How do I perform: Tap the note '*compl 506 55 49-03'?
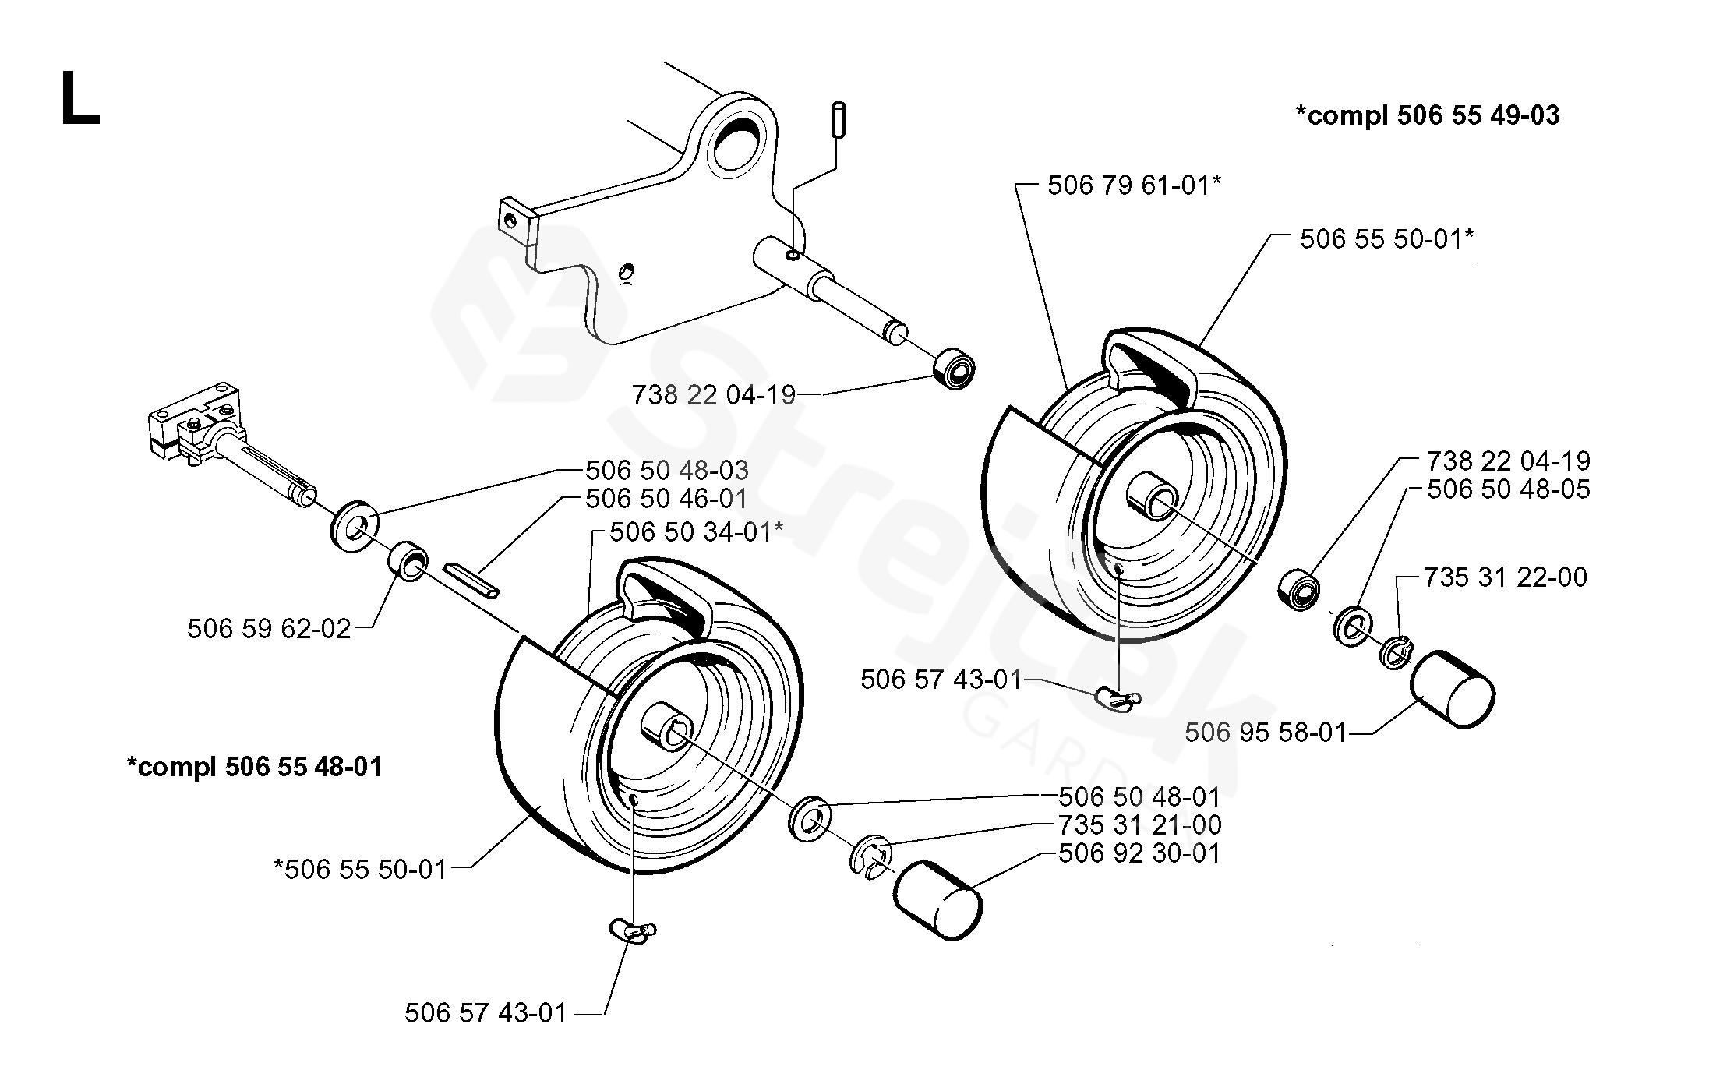coord(1427,115)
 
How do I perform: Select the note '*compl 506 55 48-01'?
coord(255,767)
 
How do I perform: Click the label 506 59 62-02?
coord(269,628)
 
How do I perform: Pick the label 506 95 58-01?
coord(1266,732)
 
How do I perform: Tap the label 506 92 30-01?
coord(1139,853)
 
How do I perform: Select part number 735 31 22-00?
coord(1505,577)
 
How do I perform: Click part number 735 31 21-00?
coord(1139,824)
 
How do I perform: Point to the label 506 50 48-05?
coord(1508,489)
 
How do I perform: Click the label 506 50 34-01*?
coord(696,532)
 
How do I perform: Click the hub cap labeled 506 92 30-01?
coord(937,900)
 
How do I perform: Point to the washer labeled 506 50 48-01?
coord(810,817)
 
